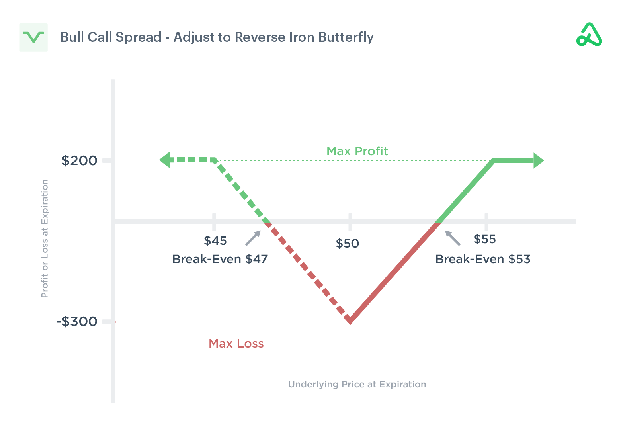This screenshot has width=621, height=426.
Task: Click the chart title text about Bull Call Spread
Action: point(217,37)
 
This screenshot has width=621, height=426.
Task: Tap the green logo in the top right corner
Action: point(589,35)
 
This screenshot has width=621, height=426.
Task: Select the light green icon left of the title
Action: point(33,37)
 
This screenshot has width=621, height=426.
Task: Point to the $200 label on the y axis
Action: point(79,161)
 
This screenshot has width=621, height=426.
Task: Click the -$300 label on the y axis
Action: point(77,321)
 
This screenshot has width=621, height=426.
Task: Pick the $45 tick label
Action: point(215,241)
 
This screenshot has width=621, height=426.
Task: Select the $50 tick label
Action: point(347,244)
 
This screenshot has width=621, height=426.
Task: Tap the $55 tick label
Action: point(484,239)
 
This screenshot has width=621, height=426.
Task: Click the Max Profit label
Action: point(357,151)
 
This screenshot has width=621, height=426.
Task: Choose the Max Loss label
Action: point(236,344)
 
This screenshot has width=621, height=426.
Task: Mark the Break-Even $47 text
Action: point(220,259)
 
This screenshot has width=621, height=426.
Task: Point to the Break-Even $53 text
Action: point(482,259)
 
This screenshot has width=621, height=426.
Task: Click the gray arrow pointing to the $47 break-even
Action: point(253,238)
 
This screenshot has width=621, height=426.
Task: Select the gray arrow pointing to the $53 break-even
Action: point(453,238)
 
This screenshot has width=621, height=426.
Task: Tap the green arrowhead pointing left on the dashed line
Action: point(165,160)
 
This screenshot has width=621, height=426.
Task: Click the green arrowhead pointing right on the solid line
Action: point(539,161)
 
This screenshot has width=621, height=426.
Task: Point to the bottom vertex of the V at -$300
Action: point(350,321)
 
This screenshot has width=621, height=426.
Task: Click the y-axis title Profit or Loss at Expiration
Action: point(45,238)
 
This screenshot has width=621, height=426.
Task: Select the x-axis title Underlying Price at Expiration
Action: point(357,384)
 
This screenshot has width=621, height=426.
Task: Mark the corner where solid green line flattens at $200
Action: point(494,161)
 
